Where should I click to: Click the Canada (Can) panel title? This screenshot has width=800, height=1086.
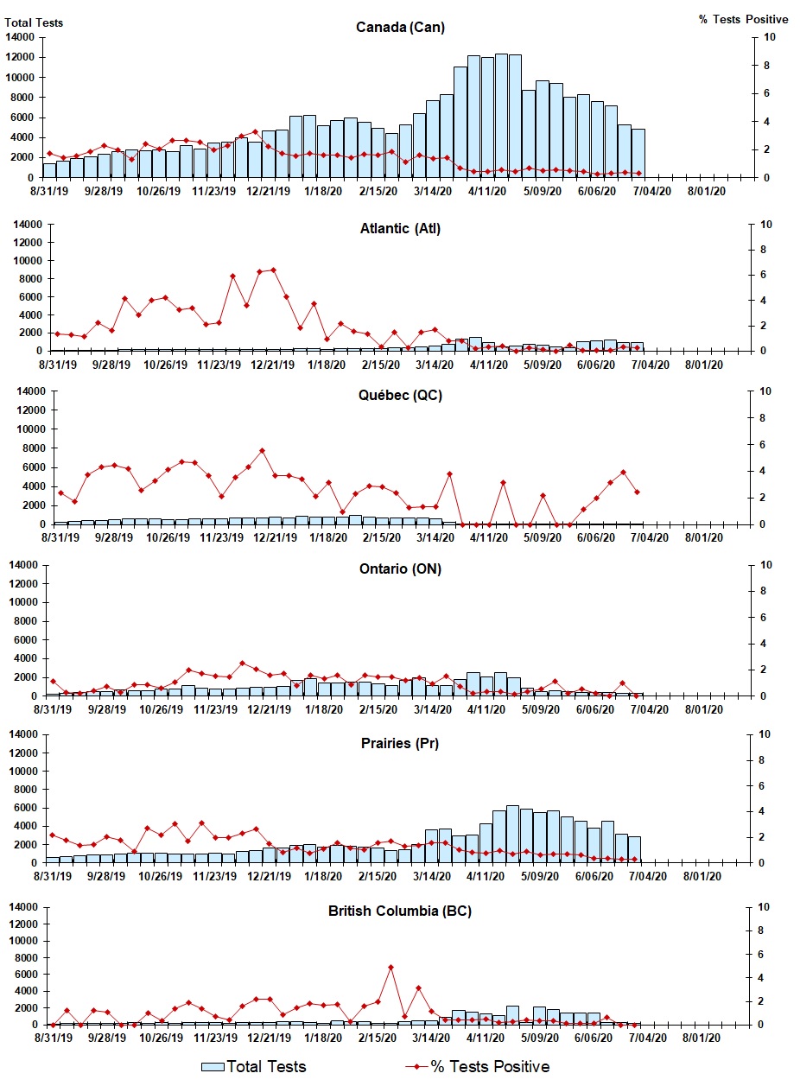click(x=400, y=28)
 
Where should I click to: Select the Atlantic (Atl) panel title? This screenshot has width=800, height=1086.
click(x=400, y=229)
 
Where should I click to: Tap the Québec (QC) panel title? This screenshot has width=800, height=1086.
click(x=400, y=396)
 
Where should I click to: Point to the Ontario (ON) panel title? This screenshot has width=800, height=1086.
click(x=400, y=569)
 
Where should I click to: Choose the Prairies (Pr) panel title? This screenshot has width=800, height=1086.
click(x=400, y=743)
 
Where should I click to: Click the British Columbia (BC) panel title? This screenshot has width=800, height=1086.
click(x=400, y=911)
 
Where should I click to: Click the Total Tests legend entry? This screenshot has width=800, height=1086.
click(x=254, y=1067)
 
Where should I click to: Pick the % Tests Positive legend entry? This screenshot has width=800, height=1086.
click(x=478, y=1067)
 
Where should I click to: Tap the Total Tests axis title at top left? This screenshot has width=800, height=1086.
click(x=35, y=23)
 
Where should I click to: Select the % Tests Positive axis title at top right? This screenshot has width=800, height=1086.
click(x=743, y=19)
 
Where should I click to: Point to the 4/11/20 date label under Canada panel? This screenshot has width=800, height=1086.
click(x=488, y=191)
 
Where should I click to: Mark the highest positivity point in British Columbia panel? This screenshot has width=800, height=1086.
click(x=390, y=967)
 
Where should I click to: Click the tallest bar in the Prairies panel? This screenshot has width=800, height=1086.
click(x=512, y=834)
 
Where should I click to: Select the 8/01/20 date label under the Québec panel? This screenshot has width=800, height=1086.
click(x=705, y=537)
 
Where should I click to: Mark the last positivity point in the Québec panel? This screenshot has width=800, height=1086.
click(x=637, y=492)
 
